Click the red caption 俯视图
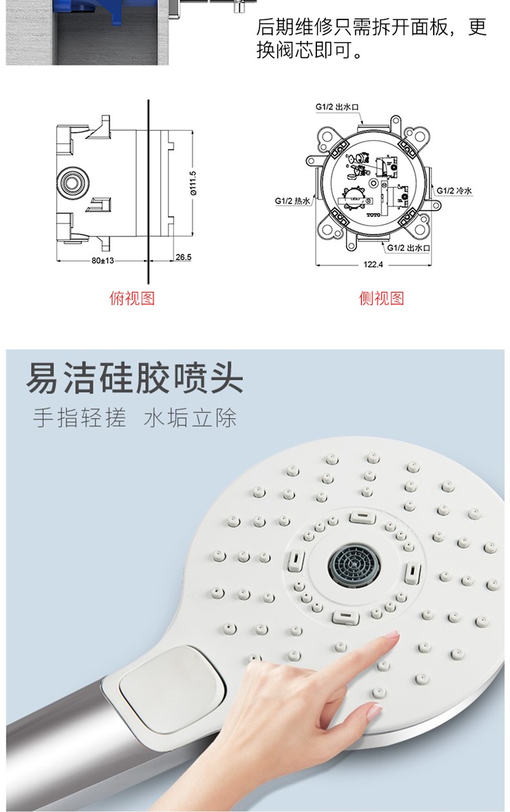coord(132,298)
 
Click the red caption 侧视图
coord(381,298)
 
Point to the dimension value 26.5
coord(183,257)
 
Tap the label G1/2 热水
coord(293,201)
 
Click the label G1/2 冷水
coord(454,191)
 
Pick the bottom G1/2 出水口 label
coord(409,247)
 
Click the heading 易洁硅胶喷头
coord(135,380)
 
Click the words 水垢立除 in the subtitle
coord(190,418)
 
